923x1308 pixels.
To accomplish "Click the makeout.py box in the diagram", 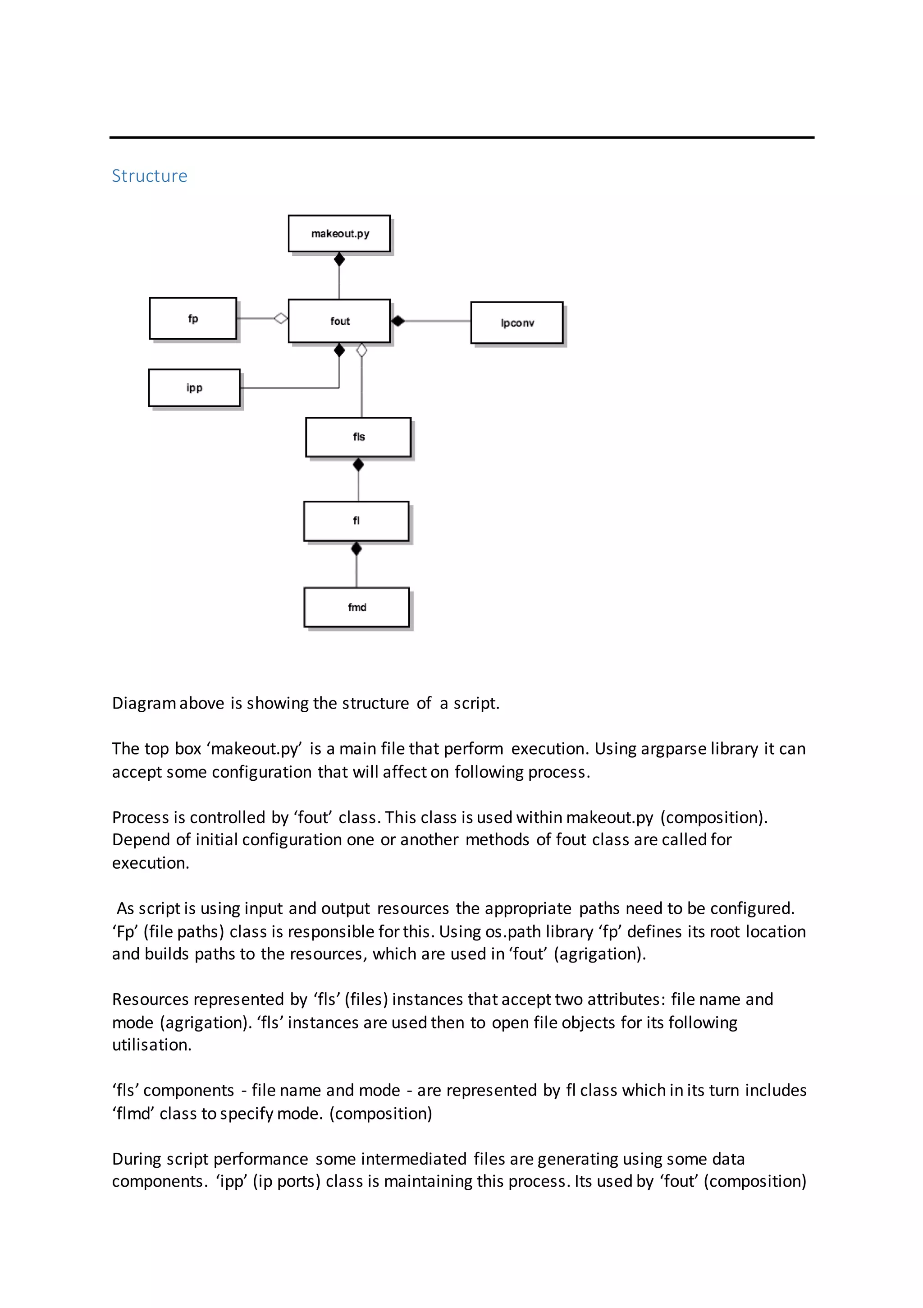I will coord(339,234).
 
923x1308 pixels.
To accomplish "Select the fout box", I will coord(339,321).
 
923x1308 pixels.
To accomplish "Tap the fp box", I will coord(193,318).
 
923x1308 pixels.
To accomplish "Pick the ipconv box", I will coord(517,323).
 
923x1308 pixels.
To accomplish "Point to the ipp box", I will coord(194,388).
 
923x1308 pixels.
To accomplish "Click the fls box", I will coord(358,437).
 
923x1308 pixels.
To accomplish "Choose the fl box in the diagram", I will coord(356,520).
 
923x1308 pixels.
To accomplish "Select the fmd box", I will coord(357,607).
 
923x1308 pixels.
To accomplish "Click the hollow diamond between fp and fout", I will coord(281,318).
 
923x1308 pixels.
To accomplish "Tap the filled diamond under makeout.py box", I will coord(339,260).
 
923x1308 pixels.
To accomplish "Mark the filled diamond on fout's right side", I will coord(398,321).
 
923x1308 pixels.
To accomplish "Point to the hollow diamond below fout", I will coord(361,350).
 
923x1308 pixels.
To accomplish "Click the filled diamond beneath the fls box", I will coord(358,465).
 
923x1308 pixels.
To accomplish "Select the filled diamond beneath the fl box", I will coord(356,548).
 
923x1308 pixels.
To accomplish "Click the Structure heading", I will coord(149,176).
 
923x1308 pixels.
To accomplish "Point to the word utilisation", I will coord(151,1045).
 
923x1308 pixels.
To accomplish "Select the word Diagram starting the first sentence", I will coord(143,704).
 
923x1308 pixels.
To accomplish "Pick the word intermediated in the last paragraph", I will coord(414,1159).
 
